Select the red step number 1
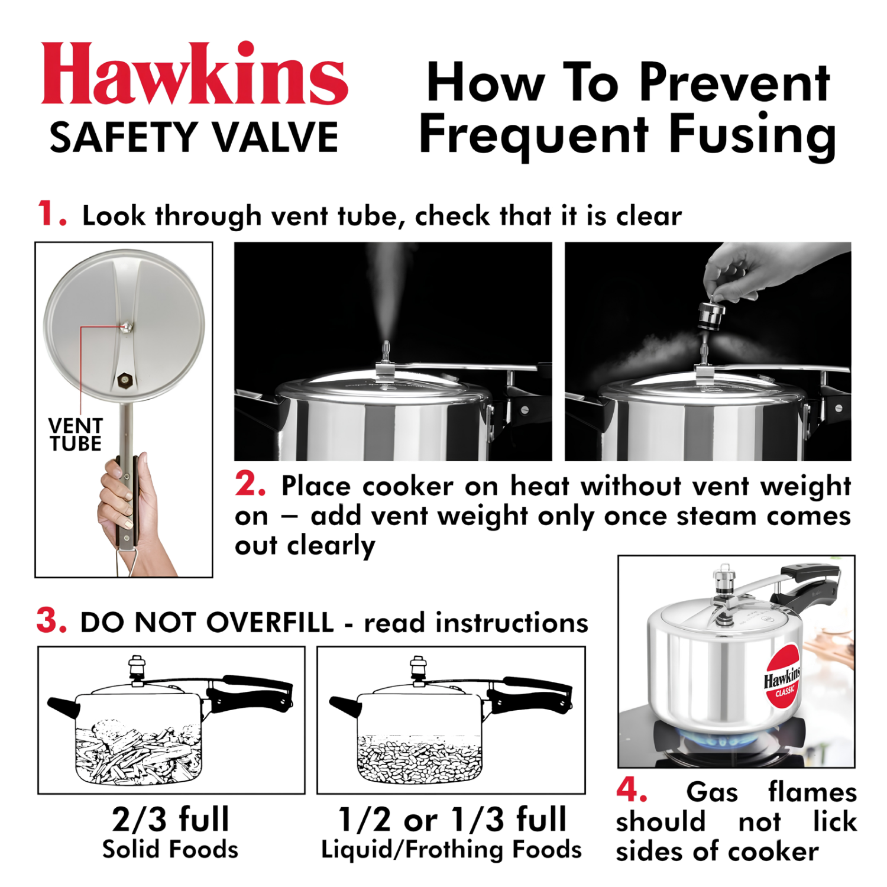point(51,213)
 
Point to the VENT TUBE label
point(76,435)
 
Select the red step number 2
point(250,484)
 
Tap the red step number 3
point(51,621)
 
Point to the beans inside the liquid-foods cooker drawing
point(419,760)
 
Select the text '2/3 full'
point(170,820)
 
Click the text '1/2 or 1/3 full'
point(452,820)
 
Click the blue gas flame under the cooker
point(718,739)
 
